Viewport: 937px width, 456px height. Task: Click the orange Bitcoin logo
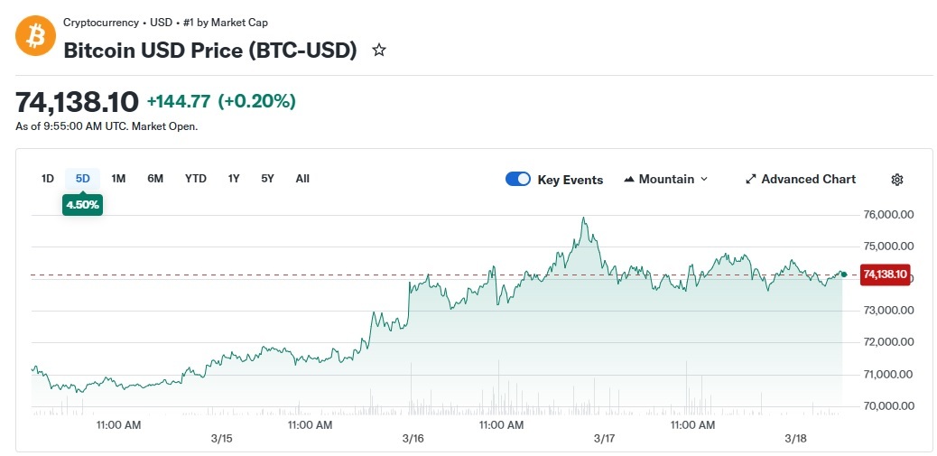tap(36, 36)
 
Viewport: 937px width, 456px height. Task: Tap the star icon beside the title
tap(379, 51)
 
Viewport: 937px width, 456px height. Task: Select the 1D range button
tap(48, 179)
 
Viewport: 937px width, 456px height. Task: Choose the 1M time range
tap(118, 179)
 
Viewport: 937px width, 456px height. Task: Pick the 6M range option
tap(155, 179)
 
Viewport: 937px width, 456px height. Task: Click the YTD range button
tap(196, 179)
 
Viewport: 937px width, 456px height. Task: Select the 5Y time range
tap(267, 179)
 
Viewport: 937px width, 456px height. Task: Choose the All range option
tap(302, 179)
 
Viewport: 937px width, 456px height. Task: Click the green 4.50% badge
tap(82, 205)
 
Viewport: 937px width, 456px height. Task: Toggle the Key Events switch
tap(518, 179)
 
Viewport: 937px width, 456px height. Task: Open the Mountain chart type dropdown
tap(666, 179)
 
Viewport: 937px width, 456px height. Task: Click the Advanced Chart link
tap(801, 179)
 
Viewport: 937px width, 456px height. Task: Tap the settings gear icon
tap(897, 180)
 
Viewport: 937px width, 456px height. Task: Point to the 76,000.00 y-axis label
tap(889, 215)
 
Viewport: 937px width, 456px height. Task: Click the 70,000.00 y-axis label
tap(889, 405)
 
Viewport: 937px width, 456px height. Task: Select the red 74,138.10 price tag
tap(886, 274)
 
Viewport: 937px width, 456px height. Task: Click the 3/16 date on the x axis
tap(413, 439)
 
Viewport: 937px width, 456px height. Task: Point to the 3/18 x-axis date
tap(795, 439)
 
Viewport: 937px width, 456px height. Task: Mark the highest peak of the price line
tap(585, 218)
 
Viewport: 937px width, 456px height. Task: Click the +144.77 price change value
tap(180, 101)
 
